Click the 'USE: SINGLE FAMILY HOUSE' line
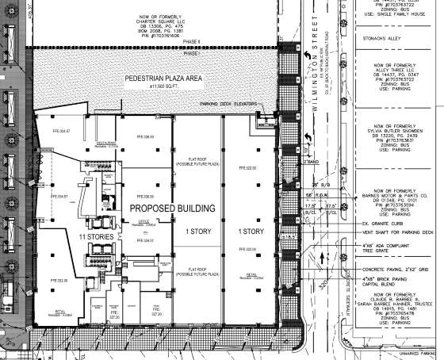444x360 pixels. pyautogui.click(x=397, y=13)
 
